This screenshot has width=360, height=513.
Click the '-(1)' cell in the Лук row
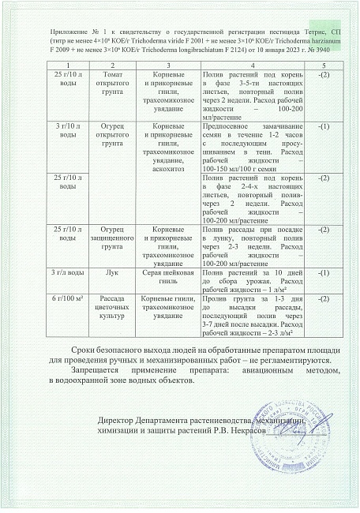pos(322,271)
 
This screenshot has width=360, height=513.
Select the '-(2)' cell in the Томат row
pos(322,73)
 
